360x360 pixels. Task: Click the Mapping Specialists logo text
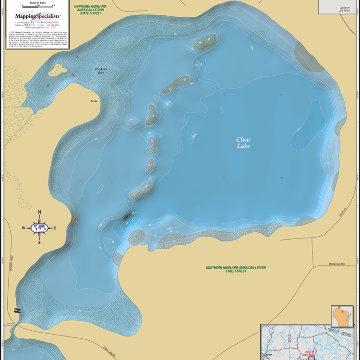pyautogui.click(x=37, y=16)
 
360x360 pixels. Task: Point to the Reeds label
pyautogui.click(x=94, y=101)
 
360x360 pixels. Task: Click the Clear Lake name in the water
pyautogui.click(x=243, y=143)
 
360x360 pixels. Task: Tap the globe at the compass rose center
pyautogui.click(x=39, y=228)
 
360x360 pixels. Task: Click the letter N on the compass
pyautogui.click(x=39, y=212)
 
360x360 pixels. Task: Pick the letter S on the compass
pyautogui.click(x=39, y=244)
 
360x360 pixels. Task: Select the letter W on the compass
pyautogui.click(x=23, y=228)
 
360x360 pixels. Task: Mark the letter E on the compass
pyautogui.click(x=55, y=228)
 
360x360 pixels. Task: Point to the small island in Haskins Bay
pyautogui.click(x=57, y=70)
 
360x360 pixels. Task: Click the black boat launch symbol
pyautogui.click(x=18, y=311)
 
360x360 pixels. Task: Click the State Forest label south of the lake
pyautogui.click(x=236, y=269)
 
